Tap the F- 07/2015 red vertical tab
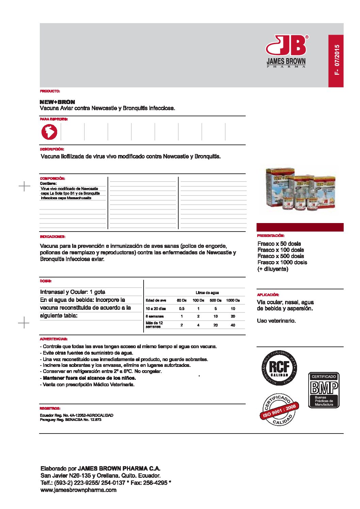tap(336, 61)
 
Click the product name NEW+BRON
tap(57, 102)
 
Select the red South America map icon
tap(49, 132)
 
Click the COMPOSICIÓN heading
tap(52, 178)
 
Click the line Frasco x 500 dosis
tap(281, 256)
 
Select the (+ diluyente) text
tap(273, 269)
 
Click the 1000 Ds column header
tap(233, 300)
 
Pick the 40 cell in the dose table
tap(233, 325)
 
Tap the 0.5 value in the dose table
tap(182, 308)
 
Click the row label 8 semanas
tap(154, 316)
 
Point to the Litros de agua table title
tap(207, 292)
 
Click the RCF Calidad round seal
tap(279, 368)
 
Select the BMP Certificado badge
tap(324, 390)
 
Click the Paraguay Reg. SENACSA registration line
tap(70, 420)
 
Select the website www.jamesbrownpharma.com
tap(78, 490)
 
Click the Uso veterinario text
tap(276, 321)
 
